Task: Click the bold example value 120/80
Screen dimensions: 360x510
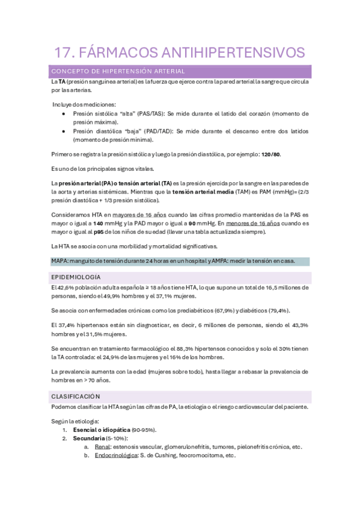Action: [270, 154]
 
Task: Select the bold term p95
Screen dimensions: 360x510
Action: [101, 232]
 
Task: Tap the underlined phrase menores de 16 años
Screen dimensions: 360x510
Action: [251, 223]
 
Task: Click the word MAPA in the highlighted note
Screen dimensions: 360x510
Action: [60, 261]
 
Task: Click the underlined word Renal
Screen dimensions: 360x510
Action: [102, 447]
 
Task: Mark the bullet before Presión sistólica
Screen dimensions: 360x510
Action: [64, 113]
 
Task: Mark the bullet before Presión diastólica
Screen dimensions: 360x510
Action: [64, 131]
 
